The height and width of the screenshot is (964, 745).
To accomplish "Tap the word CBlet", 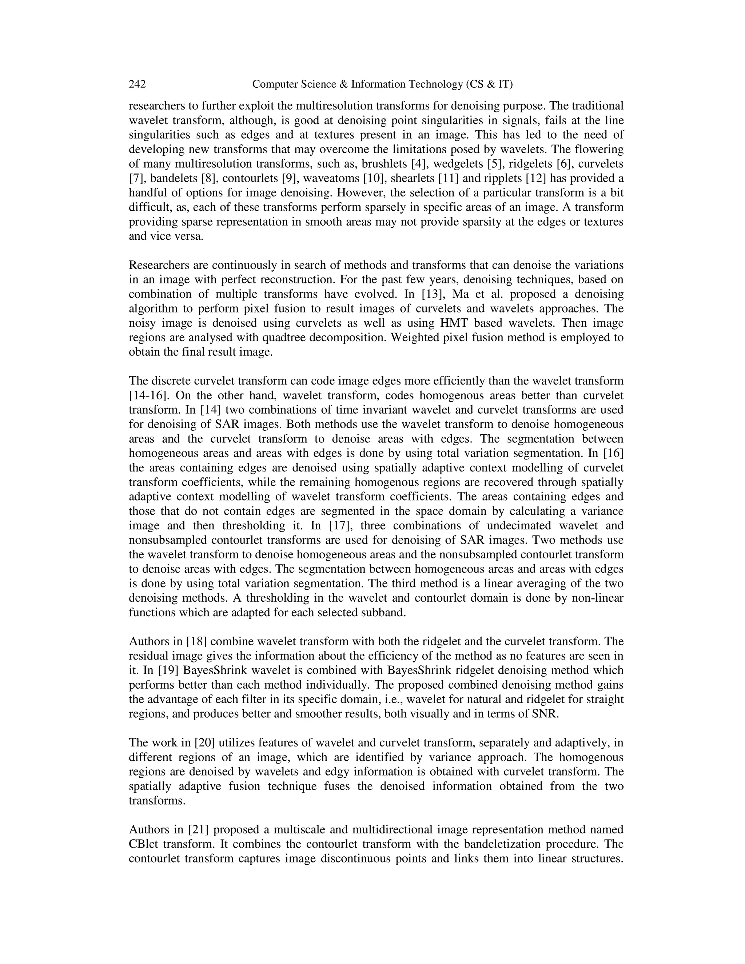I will (144, 844).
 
